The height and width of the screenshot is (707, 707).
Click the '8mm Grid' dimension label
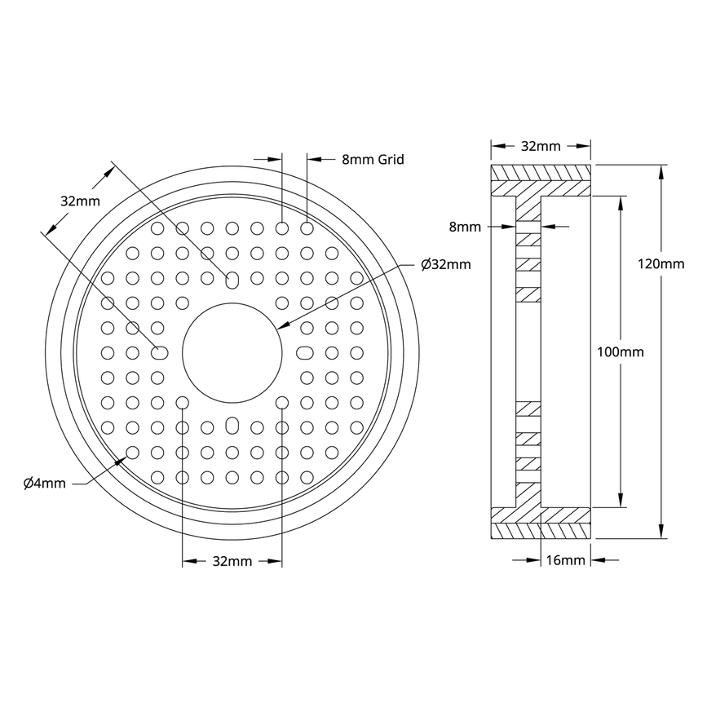(373, 160)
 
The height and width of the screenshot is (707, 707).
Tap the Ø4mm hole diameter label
(45, 484)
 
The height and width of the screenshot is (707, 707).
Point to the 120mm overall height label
(661, 263)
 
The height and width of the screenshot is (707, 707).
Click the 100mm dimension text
(621, 352)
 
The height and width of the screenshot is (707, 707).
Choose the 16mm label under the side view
(564, 560)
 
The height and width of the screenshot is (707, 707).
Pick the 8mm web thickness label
(466, 227)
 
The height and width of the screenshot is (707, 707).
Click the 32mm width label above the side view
(540, 147)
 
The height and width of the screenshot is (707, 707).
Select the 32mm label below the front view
(232, 561)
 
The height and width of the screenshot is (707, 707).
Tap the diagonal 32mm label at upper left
(80, 201)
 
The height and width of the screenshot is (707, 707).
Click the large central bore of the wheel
(232, 352)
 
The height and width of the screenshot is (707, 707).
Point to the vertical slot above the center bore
(232, 281)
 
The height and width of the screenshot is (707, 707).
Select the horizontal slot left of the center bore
(158, 352)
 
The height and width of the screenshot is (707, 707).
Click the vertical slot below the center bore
(232, 426)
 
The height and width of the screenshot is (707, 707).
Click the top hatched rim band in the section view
(541, 174)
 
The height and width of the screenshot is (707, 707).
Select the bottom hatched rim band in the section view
(541, 530)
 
